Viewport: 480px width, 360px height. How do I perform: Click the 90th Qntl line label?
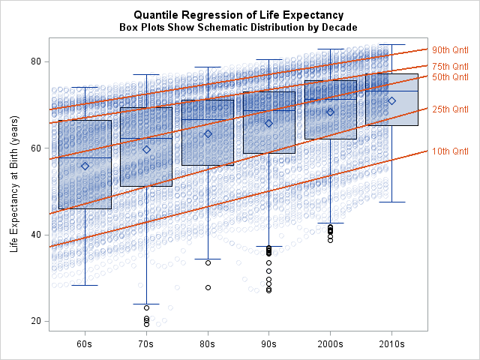(x=450, y=50)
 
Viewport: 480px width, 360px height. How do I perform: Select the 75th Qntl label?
(x=450, y=67)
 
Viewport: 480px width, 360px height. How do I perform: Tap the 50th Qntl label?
(x=450, y=76)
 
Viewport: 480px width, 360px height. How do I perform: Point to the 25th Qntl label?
(x=450, y=109)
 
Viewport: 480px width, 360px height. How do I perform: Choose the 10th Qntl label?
(x=450, y=151)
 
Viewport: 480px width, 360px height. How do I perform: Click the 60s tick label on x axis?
(x=85, y=344)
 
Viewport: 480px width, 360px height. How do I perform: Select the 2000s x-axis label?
(x=330, y=344)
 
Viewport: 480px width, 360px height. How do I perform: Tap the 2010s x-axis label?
(x=391, y=344)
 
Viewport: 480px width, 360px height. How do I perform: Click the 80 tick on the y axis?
(x=36, y=61)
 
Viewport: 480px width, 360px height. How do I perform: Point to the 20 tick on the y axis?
(x=36, y=321)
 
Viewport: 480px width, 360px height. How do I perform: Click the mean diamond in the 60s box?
(x=85, y=166)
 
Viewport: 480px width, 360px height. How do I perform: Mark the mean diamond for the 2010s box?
(x=391, y=101)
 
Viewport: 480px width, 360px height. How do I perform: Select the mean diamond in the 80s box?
(x=208, y=134)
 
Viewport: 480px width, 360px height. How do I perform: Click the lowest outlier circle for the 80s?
(x=208, y=287)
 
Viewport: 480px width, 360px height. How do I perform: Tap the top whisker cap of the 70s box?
(x=146, y=74)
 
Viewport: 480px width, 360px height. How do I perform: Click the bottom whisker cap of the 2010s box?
(x=391, y=202)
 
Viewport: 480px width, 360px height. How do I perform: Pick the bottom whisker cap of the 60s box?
(x=85, y=285)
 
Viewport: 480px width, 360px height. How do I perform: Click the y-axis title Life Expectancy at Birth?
(x=14, y=184)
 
